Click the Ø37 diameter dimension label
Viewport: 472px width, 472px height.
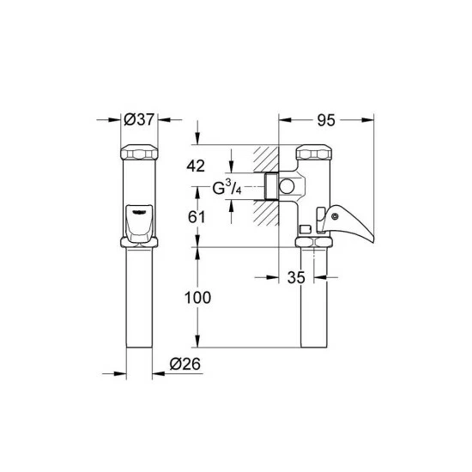[139, 119]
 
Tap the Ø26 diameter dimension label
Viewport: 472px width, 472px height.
[185, 364]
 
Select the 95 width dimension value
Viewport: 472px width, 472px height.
[326, 120]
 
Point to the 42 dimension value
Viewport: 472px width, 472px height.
[196, 166]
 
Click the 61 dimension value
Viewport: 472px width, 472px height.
[197, 217]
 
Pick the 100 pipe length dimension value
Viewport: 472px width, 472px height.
[197, 298]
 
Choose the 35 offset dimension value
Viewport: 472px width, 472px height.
[296, 277]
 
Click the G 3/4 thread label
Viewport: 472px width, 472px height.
[227, 188]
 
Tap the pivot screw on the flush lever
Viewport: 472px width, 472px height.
[335, 216]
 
